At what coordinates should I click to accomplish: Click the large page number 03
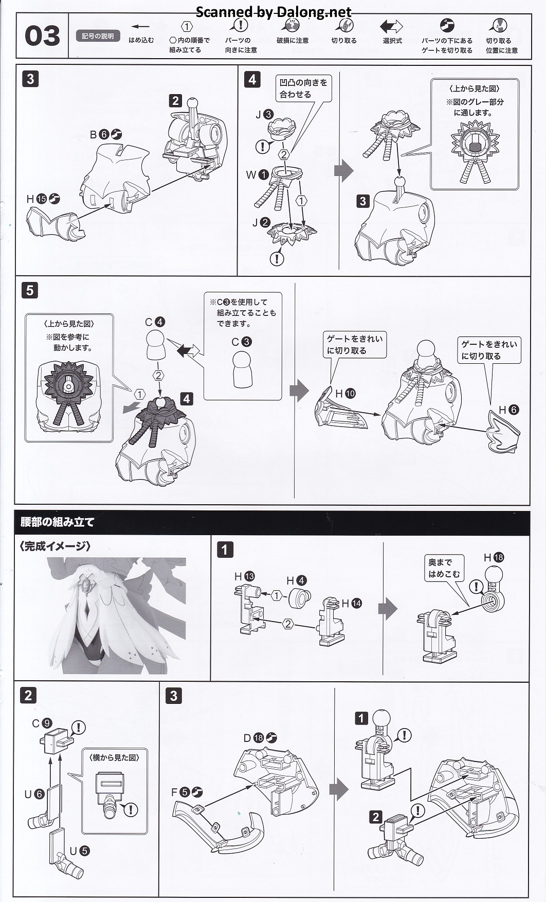pyautogui.click(x=42, y=36)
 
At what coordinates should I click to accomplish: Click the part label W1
pyautogui.click(x=257, y=174)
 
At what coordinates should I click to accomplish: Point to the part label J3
pyautogui.click(x=264, y=115)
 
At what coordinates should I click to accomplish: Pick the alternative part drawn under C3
pyautogui.click(x=243, y=369)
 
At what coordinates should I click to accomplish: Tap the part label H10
pyautogui.click(x=345, y=394)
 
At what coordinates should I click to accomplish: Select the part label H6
pyautogui.click(x=508, y=410)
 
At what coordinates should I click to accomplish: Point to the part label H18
pyautogui.click(x=494, y=557)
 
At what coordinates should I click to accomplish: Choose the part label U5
pyautogui.click(x=79, y=851)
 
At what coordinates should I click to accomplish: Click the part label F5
pyautogui.click(x=187, y=792)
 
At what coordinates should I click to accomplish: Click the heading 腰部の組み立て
pyautogui.click(x=57, y=522)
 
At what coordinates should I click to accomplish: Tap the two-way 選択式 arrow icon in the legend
pyautogui.click(x=392, y=26)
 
